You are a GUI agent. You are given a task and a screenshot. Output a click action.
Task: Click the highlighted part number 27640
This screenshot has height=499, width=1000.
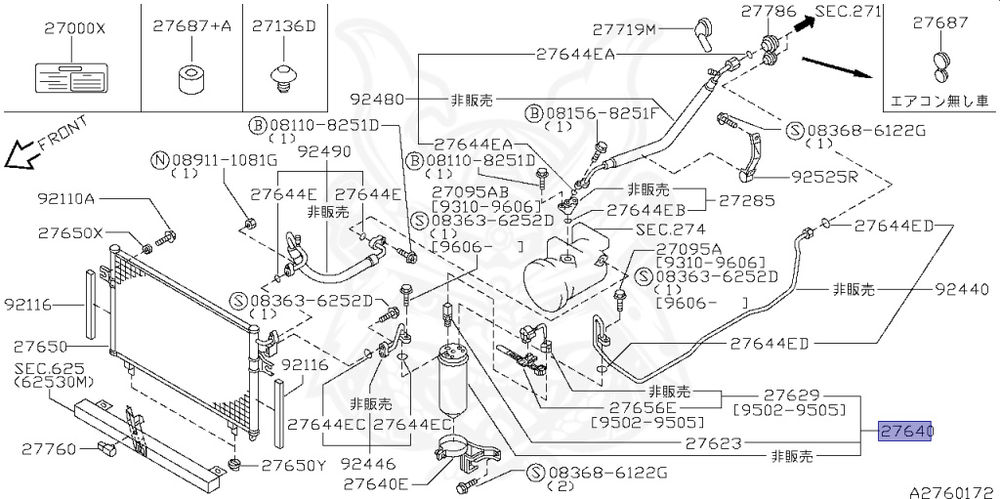coord(907,431)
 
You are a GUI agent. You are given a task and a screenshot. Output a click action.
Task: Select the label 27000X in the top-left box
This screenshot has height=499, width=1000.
coord(73,28)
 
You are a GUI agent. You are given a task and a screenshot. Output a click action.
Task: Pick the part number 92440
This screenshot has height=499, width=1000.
coord(963,289)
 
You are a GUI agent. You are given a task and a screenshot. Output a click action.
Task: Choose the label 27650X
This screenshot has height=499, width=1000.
coord(70,233)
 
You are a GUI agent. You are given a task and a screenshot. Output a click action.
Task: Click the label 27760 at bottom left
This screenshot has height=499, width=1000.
coord(46,450)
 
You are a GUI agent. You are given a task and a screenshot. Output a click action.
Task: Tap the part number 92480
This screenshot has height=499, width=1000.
coord(377,99)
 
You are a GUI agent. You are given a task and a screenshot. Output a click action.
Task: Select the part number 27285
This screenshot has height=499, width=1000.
coord(747,201)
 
